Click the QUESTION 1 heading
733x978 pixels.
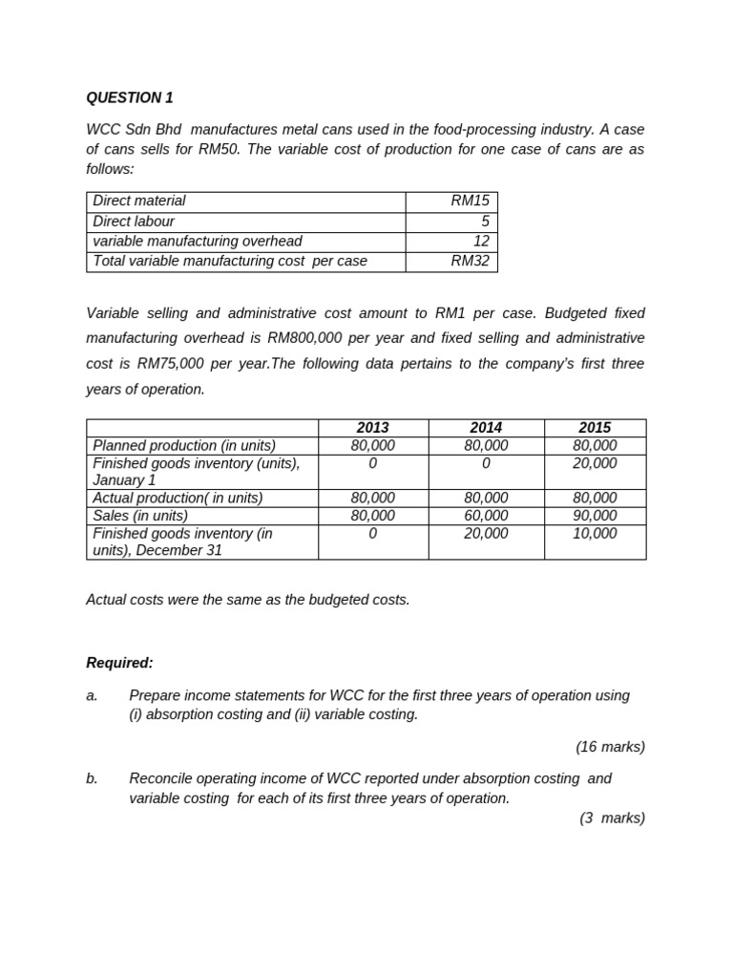pos(130,97)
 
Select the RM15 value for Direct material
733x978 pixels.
pos(470,201)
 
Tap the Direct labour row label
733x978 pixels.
pos(134,221)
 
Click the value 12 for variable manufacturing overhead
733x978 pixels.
pos(481,241)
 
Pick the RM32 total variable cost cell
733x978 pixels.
pos(470,261)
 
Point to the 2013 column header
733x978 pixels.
pos(372,428)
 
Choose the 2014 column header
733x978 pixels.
pos(486,428)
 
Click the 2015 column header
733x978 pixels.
pos(595,428)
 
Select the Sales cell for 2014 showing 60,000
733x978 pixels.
pos(486,516)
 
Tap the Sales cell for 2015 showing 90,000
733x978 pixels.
pos(595,516)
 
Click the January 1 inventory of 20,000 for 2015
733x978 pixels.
pos(595,463)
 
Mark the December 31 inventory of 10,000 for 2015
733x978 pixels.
pos(595,534)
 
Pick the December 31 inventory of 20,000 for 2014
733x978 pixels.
pos(486,534)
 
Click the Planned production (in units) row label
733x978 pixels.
pos(184,445)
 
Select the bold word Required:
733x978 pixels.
pos(119,663)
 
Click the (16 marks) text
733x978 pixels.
pos(610,747)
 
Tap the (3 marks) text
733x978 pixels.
pos(612,818)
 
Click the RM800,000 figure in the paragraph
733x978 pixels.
pos(310,338)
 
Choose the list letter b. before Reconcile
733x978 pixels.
pos(92,778)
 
